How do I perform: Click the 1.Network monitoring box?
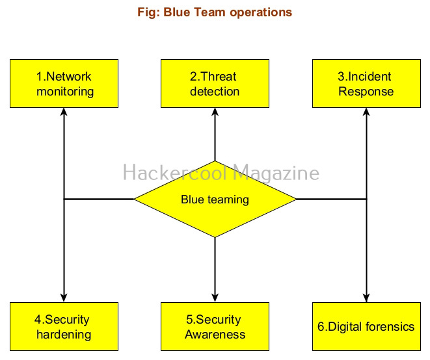[x=64, y=84]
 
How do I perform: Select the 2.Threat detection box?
[x=215, y=84]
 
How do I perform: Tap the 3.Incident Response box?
[x=366, y=84]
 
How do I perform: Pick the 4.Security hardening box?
[x=64, y=327]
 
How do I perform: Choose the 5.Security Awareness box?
[x=215, y=327]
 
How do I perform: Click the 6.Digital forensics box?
[x=366, y=327]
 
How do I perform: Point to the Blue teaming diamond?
[x=215, y=199]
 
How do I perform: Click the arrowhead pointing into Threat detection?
[x=215, y=112]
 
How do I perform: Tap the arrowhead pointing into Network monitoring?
[x=64, y=112]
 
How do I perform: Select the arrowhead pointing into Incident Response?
[x=366, y=112]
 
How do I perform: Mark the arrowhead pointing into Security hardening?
[x=64, y=298]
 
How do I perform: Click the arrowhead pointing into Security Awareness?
[x=215, y=298]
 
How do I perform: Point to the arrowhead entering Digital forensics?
[x=366, y=298]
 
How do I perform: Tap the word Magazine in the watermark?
[x=276, y=173]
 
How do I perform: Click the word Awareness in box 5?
[x=215, y=335]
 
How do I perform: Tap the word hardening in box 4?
[x=63, y=335]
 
